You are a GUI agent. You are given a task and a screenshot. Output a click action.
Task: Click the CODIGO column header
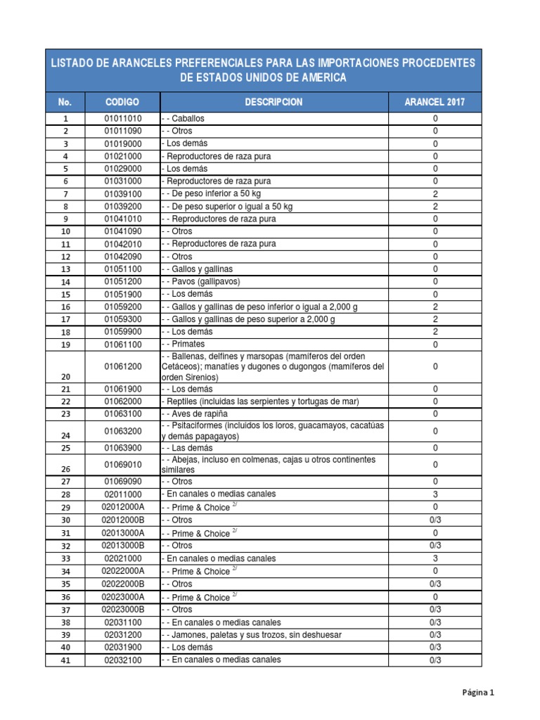coord(122,102)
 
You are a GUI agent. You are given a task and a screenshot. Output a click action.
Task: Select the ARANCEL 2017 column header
coord(435,102)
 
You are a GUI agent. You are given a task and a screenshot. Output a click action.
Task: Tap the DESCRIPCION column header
coord(274,102)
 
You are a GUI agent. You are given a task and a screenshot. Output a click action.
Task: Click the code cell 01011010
coord(122,119)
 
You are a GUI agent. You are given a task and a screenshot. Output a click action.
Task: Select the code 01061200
coord(122,366)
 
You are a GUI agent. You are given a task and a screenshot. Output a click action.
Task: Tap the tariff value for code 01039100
coord(435,193)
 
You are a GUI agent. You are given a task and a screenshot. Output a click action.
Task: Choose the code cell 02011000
coord(122,494)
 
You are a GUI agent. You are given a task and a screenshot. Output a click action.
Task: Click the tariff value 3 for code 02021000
coord(435,558)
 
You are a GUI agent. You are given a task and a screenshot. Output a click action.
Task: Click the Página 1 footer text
coord(478,693)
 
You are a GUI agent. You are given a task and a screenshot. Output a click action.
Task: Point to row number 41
coord(65,661)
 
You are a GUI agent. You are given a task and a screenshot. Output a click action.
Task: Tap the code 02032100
coord(122,660)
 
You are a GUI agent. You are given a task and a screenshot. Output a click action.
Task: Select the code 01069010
coord(122,465)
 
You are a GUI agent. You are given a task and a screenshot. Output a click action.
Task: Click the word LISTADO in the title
coord(75,63)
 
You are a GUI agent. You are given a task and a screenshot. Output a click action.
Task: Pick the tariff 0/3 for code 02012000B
coord(435,520)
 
